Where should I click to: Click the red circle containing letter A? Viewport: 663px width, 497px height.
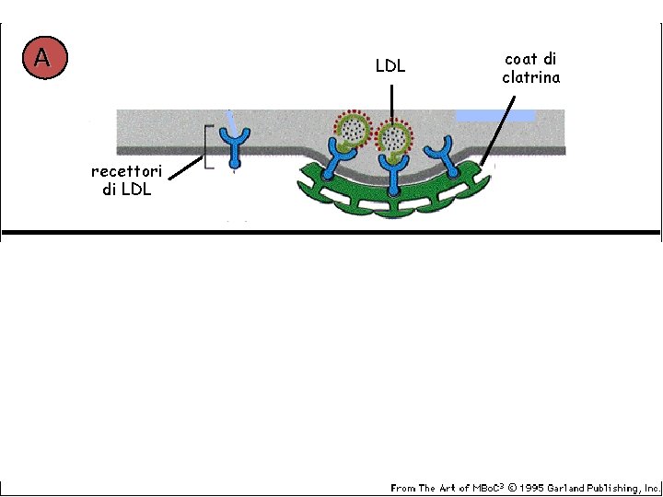[43, 58]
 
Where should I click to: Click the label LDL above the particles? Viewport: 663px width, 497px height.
[390, 66]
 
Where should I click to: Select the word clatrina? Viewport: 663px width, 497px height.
[530, 77]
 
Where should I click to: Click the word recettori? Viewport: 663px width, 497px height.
[127, 172]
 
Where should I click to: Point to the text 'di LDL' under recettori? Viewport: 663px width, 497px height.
[127, 190]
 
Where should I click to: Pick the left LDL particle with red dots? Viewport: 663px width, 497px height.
[350, 132]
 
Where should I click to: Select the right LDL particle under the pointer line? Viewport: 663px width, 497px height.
[394, 138]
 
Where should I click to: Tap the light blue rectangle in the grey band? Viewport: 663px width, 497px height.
[495, 116]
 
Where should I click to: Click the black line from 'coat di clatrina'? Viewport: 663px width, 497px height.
[503, 124]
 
